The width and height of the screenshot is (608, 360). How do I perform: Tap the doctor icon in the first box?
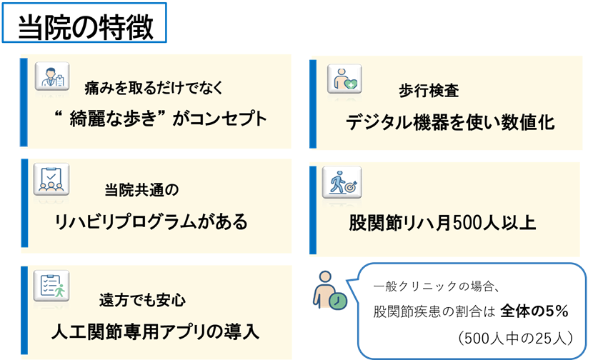tap(52, 77)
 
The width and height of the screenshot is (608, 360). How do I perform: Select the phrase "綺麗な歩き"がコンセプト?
tap(161, 118)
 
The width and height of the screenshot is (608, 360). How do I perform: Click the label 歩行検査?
tap(429, 91)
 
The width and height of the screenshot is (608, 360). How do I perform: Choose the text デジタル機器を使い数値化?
tap(451, 122)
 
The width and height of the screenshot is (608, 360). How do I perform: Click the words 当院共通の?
tap(141, 191)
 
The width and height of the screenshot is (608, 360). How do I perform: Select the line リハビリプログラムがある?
tap(151, 222)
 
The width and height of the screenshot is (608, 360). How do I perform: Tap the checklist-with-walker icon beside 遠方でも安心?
tap(52, 286)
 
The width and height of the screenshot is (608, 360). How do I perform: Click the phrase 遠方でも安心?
tap(143, 300)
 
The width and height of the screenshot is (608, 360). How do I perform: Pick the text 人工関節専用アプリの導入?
tap(156, 332)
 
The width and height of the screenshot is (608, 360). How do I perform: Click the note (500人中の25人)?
tap(514, 336)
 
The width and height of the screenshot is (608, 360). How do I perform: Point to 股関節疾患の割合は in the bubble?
tap(433, 312)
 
